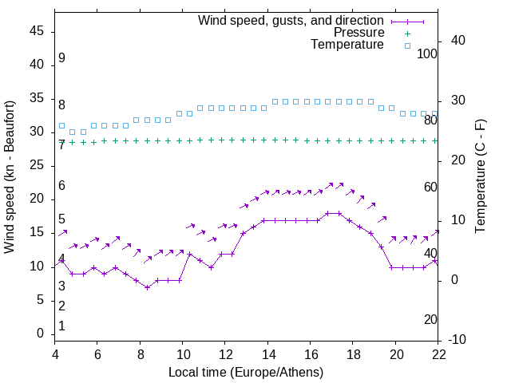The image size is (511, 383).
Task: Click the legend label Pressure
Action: [x=358, y=33]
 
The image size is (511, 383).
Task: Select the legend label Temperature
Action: [x=347, y=45]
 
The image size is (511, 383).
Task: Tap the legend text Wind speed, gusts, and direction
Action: [x=291, y=20]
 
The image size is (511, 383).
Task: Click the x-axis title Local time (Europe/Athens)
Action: [x=246, y=372]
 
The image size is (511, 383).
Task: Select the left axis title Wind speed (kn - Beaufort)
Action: [x=10, y=177]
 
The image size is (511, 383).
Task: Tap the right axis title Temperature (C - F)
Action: [x=481, y=177]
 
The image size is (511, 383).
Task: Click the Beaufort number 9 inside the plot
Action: [x=61, y=58]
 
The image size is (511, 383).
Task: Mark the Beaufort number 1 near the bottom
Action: [x=61, y=326]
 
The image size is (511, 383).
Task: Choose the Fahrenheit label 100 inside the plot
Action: [x=428, y=53]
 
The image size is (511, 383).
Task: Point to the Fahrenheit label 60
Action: [x=431, y=187]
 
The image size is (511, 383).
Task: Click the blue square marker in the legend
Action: [x=406, y=45]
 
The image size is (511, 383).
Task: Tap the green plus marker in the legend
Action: [x=406, y=33]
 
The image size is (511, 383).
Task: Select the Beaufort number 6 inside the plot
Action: [x=61, y=185]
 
